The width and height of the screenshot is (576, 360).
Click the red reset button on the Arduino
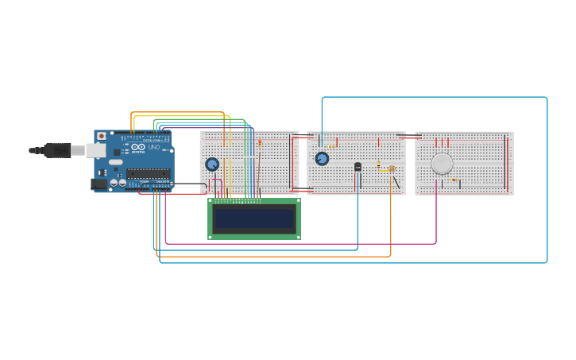(x=102, y=136)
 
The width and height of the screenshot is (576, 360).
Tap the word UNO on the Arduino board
(x=154, y=147)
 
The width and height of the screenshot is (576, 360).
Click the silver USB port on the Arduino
(x=95, y=150)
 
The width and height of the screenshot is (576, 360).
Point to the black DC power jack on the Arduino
(x=99, y=184)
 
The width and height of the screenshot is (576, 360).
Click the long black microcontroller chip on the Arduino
(x=148, y=173)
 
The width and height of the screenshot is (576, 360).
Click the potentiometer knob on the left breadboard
(x=212, y=165)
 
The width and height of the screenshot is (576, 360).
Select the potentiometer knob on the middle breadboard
(x=322, y=159)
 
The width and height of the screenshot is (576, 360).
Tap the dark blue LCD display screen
(x=253, y=219)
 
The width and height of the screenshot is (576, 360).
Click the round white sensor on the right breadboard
(x=442, y=164)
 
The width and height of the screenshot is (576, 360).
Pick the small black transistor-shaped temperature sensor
(x=358, y=167)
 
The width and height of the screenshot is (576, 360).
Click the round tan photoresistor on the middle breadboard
(x=392, y=168)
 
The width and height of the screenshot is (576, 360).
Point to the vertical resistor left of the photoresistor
(x=379, y=165)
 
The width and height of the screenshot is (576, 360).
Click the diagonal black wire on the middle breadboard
(x=396, y=182)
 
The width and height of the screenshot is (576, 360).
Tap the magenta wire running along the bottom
(x=302, y=243)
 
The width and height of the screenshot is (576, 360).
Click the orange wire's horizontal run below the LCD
(x=278, y=257)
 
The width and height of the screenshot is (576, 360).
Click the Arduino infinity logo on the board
(x=139, y=147)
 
